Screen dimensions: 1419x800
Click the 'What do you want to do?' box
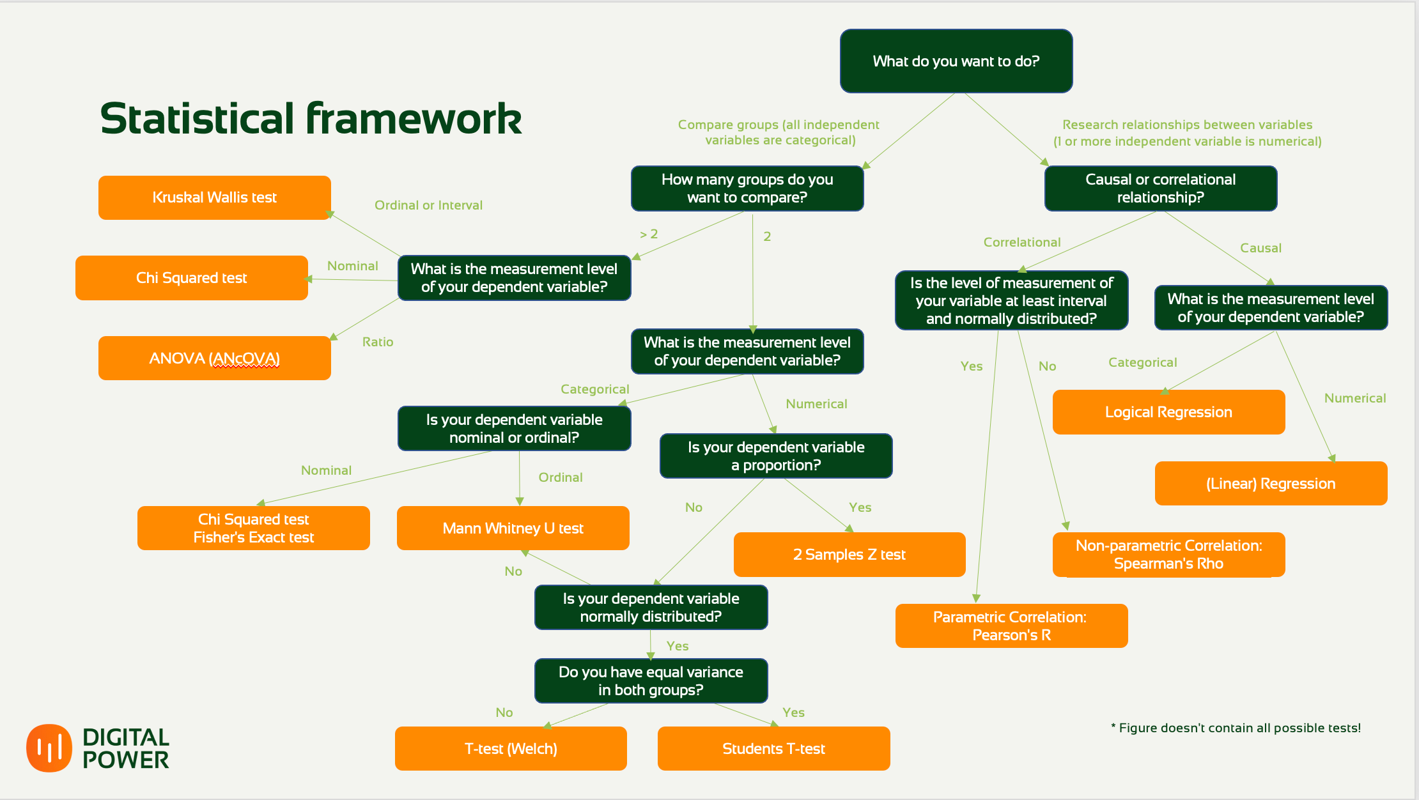coord(956,61)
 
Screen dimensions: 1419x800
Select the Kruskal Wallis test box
coord(215,197)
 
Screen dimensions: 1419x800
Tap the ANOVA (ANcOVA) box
coord(215,358)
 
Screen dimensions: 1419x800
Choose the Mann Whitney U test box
coord(513,528)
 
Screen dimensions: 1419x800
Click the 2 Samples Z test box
coord(849,555)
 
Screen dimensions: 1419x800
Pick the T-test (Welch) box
coord(511,748)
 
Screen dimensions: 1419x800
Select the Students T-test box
coord(774,748)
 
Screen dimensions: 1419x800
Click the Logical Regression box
coord(1169,412)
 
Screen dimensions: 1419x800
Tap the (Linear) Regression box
coord(1271,484)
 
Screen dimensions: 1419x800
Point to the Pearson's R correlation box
coord(1012,626)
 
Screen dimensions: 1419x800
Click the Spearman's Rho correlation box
coord(1169,555)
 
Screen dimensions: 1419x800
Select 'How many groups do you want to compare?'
coord(747,188)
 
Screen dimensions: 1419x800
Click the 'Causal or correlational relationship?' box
coord(1161,188)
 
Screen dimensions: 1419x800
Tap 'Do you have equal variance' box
coord(651,681)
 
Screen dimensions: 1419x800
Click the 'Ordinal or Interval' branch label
coord(428,205)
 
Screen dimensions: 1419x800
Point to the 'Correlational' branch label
coord(1022,242)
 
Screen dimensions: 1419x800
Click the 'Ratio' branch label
coord(378,342)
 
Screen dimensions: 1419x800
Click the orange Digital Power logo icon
coord(49,748)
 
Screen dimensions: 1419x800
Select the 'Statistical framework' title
coord(311,119)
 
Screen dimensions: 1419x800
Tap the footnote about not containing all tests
coord(1236,728)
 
